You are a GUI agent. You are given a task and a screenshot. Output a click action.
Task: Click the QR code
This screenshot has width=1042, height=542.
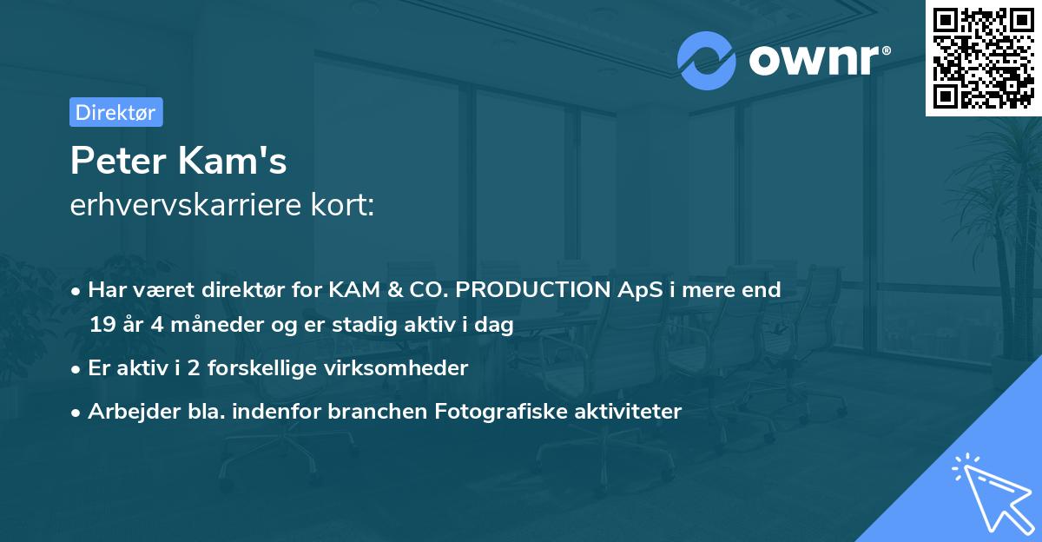coord(983,57)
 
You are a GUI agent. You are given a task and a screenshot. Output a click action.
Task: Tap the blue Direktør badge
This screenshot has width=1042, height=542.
coord(115,112)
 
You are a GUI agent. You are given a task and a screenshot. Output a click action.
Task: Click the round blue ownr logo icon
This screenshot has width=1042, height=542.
coord(707,60)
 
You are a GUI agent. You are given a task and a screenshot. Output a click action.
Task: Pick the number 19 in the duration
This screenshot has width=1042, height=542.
coord(102,325)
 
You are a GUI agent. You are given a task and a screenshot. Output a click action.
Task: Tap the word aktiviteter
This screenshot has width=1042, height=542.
coord(624,411)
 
